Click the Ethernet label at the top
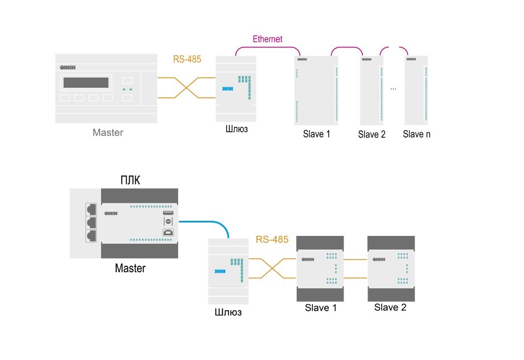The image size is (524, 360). (268, 39)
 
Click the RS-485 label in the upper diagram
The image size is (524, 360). (187, 58)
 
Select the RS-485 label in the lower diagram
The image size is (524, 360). (272, 240)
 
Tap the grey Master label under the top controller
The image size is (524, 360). (108, 132)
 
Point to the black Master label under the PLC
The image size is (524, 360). (130, 268)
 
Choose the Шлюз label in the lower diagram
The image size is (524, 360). (228, 312)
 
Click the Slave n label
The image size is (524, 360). (417, 134)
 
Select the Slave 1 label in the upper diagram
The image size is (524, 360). (317, 134)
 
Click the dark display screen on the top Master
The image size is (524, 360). (85, 83)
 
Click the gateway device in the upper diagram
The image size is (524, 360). (236, 89)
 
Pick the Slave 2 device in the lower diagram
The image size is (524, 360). (391, 268)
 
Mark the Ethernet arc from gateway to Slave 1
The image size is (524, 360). (267, 49)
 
